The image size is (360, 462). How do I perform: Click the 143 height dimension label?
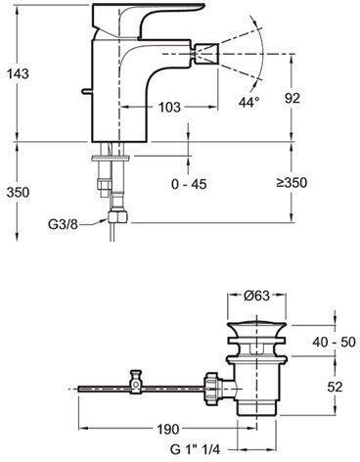point(18,73)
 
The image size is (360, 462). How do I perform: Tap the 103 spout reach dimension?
point(169,107)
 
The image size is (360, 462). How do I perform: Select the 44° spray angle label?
point(249,102)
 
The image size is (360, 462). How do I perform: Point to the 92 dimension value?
point(292,98)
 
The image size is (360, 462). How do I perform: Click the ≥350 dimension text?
point(292,183)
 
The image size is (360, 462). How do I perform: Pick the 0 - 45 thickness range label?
point(189,184)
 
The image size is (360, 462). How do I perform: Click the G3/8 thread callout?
point(64,224)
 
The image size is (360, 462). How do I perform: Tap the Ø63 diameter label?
point(257,296)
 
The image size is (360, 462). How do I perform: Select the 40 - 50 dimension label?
point(334,342)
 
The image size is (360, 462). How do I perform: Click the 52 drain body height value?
point(335,387)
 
